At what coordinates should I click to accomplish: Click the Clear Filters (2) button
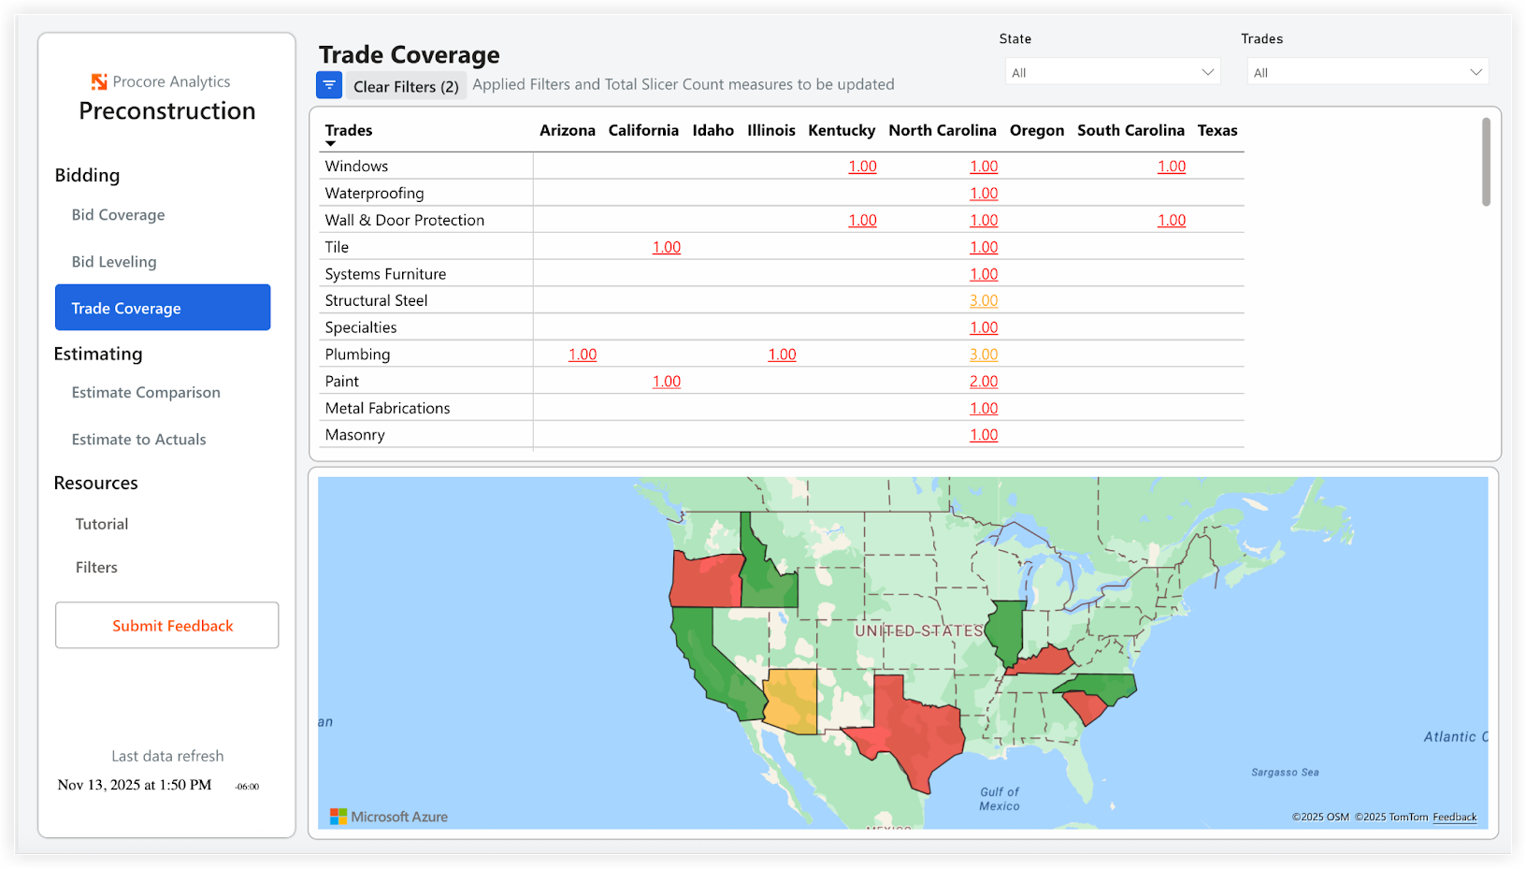(x=406, y=86)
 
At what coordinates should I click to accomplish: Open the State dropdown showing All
(x=1113, y=72)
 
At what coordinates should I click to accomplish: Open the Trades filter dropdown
(x=1367, y=72)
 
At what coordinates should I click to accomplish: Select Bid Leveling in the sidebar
(x=114, y=262)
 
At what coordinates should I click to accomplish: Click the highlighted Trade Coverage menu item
(x=163, y=308)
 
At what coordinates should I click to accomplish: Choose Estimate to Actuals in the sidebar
(x=138, y=440)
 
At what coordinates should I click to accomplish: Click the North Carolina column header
(x=942, y=130)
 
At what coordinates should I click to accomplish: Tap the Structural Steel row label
(x=376, y=300)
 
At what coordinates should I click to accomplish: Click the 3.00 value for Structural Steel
(x=984, y=300)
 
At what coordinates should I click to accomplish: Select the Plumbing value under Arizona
(x=583, y=355)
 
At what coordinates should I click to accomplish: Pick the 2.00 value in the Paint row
(x=984, y=382)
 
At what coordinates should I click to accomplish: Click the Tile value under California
(x=667, y=247)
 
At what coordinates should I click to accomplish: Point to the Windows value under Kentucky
(x=862, y=167)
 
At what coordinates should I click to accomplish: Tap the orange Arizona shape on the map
(x=792, y=700)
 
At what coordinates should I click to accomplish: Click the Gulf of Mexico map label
(x=1000, y=799)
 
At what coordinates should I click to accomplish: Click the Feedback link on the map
(x=1454, y=817)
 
